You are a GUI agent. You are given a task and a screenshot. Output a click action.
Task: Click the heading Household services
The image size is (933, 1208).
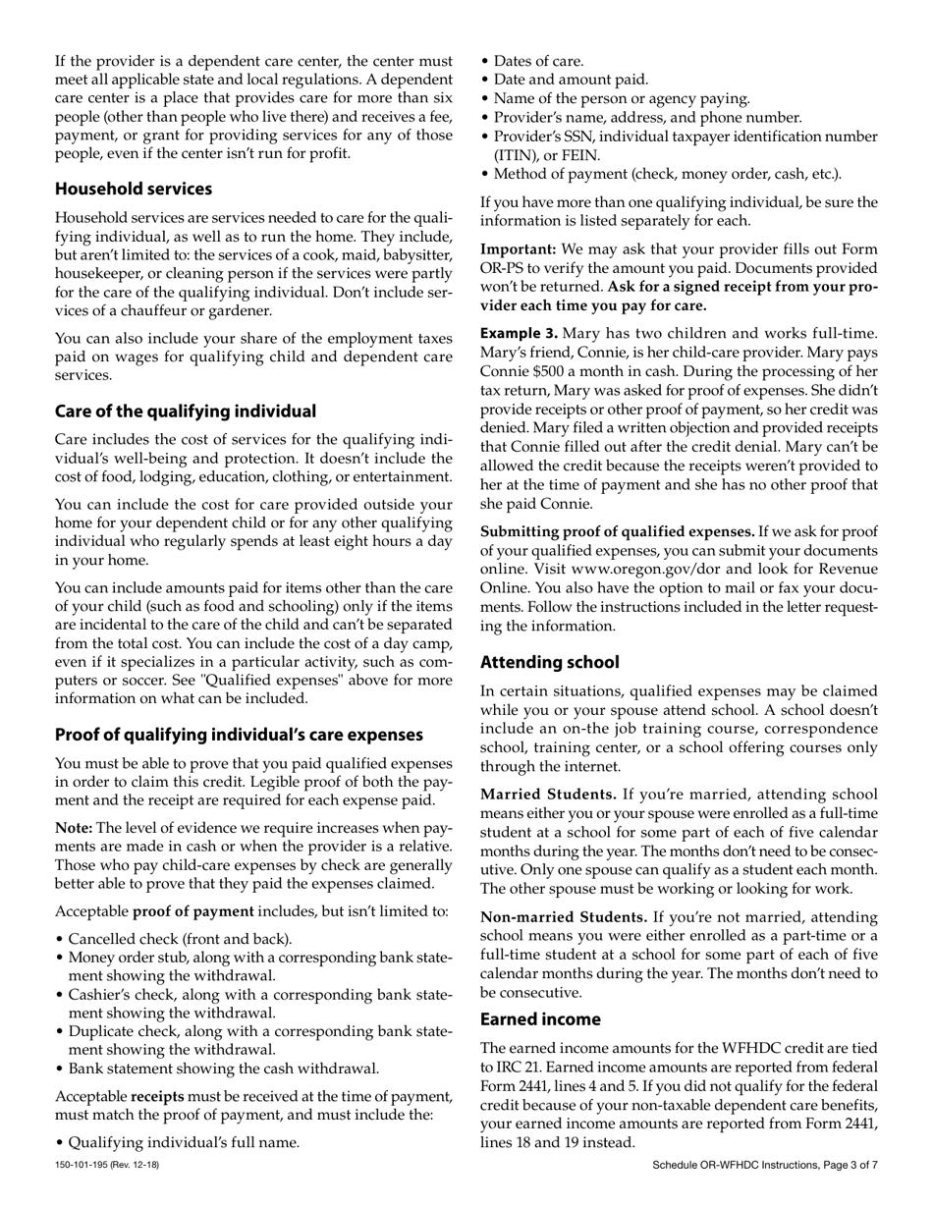tap(133, 189)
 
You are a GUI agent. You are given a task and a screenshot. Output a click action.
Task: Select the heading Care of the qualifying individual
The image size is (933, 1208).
tap(185, 411)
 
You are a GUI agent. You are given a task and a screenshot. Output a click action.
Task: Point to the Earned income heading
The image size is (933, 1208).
tap(540, 1019)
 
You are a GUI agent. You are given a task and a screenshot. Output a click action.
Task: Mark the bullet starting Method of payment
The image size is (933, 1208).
tap(666, 174)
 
